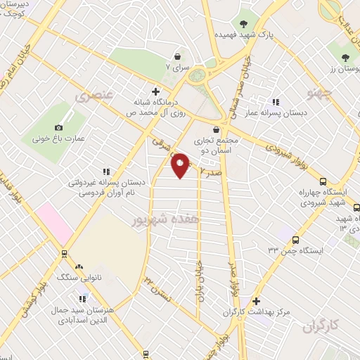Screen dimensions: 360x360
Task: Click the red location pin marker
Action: tap(181, 165)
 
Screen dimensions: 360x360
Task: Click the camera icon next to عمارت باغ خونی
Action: tap(58, 127)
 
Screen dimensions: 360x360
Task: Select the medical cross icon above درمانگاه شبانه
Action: tap(155, 91)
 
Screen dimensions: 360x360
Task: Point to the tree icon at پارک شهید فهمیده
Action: tap(245, 21)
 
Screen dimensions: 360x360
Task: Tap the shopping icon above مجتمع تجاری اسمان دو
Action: tap(217, 129)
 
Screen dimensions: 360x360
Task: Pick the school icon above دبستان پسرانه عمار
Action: tap(276, 102)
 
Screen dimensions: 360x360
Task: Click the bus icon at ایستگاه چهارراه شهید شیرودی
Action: tap(323, 181)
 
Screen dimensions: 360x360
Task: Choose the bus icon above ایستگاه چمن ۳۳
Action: tap(295, 240)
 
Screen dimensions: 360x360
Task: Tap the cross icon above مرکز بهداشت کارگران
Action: tap(257, 300)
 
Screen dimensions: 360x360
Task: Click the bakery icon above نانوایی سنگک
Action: tap(79, 267)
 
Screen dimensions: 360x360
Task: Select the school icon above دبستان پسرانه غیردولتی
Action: tap(106, 171)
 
